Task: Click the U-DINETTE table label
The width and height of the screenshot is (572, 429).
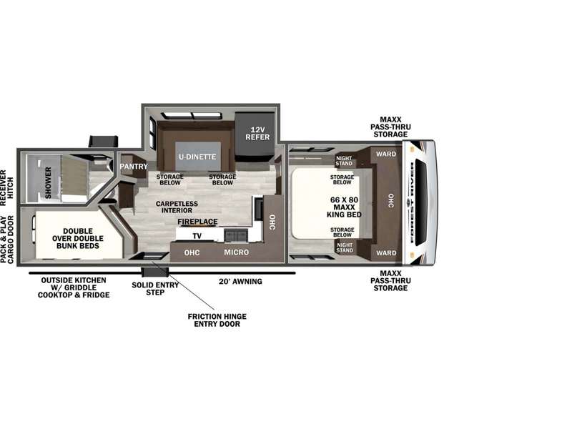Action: point(197,157)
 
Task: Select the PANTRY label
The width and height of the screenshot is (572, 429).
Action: point(134,167)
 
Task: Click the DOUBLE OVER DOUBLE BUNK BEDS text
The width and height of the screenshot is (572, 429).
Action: point(78,239)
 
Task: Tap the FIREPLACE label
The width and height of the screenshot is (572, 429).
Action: point(198,222)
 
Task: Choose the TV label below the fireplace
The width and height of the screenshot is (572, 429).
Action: point(197,237)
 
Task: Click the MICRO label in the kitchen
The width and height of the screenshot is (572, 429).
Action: point(237,252)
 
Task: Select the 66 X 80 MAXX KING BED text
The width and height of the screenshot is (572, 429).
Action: point(344,207)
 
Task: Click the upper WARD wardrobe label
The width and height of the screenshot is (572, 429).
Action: point(386,154)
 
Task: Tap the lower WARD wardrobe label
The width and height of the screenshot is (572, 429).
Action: point(386,253)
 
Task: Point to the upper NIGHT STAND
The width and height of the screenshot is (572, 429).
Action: point(344,161)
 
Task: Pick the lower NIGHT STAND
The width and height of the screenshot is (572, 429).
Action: point(345,247)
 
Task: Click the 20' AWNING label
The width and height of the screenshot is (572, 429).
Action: point(240,282)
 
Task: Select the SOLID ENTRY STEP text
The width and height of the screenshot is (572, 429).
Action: point(155,289)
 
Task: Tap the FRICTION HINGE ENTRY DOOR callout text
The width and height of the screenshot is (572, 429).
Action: point(217,320)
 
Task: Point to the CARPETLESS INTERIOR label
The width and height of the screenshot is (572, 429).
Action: point(177,207)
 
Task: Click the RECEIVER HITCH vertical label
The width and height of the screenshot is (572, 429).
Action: point(6,188)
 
